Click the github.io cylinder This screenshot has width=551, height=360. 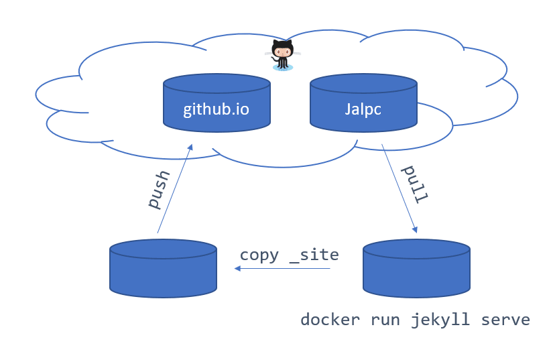(217, 103)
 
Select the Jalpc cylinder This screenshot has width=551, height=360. (364, 103)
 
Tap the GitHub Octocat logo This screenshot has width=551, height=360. (283, 55)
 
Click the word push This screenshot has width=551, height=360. (159, 190)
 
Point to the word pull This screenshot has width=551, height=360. (415, 184)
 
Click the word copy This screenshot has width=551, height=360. (259, 255)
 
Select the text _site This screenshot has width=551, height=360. (314, 255)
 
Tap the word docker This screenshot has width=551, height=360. (330, 320)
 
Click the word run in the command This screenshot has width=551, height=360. (385, 320)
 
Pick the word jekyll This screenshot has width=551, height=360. (440, 320)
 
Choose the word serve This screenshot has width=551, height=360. (505, 320)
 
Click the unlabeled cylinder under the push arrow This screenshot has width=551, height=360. (163, 269)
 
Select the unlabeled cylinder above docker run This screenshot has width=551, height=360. (416, 269)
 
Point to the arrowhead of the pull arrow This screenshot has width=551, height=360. (415, 229)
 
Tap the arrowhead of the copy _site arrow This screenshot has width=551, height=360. (237, 269)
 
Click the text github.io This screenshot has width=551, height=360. (216, 109)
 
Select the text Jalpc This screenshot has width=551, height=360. (363, 109)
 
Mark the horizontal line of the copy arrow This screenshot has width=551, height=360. (282, 269)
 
